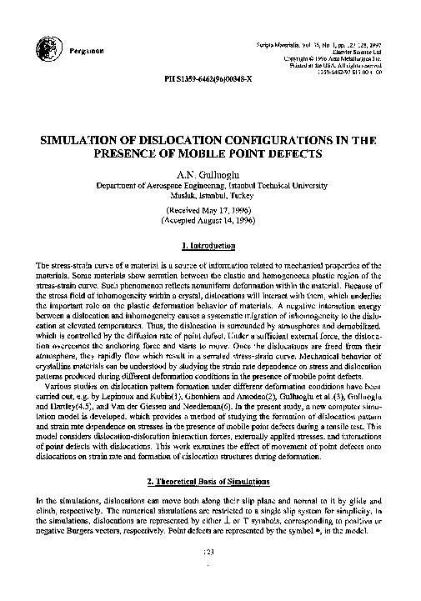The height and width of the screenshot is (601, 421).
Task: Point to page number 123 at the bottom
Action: (210, 575)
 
